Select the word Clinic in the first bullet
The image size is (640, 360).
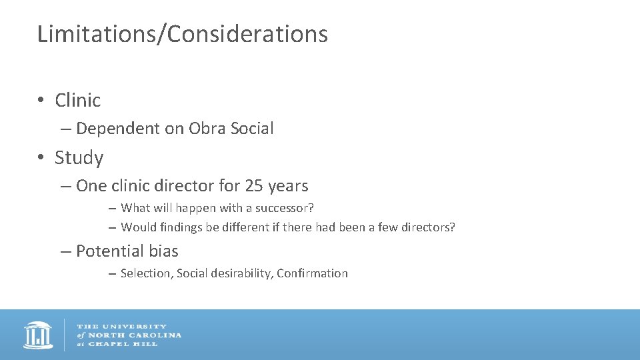(78, 100)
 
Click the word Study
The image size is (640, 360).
(79, 158)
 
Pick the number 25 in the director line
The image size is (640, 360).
(255, 185)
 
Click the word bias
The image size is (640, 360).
(164, 251)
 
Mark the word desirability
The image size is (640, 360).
(239, 273)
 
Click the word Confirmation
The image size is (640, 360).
(312, 273)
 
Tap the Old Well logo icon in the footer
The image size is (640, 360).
(38, 335)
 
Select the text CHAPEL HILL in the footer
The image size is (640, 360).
(123, 343)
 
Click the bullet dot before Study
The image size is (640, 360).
(41, 158)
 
